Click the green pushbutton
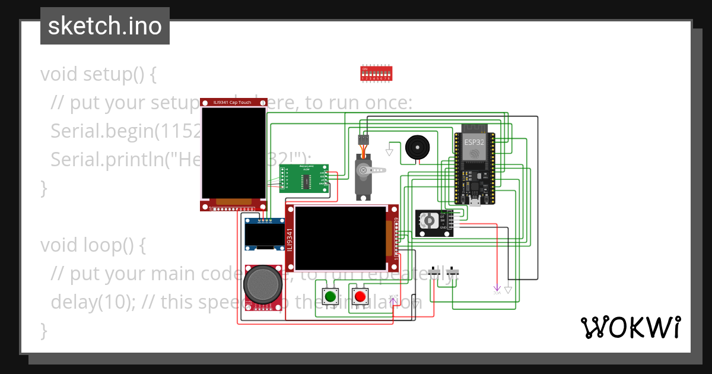point(330,296)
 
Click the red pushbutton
point(360,296)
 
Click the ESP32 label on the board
point(473,142)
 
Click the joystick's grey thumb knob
point(261,283)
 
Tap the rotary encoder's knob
point(428,222)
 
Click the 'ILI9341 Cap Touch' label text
point(232,102)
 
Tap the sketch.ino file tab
point(104,26)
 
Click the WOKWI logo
point(630,327)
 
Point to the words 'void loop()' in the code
point(93,245)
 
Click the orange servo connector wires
point(363,148)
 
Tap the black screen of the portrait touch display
point(233,153)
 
